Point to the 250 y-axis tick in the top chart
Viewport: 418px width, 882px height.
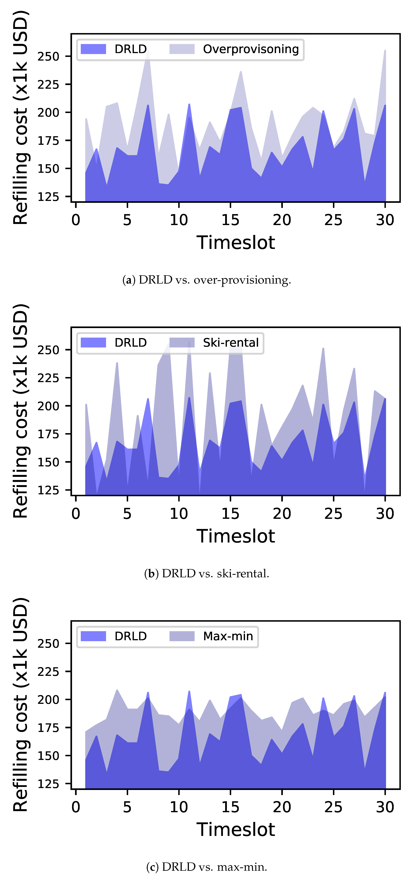tap(48, 56)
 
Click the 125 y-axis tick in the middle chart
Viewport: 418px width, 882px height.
tap(48, 490)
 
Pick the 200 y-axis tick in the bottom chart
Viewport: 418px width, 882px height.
tap(48, 700)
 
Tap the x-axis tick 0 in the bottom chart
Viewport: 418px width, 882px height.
tap(76, 807)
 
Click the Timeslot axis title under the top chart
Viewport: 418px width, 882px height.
tap(236, 243)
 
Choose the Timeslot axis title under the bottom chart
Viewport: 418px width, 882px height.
tap(236, 830)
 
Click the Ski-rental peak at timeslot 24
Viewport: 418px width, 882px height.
tap(323, 349)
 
